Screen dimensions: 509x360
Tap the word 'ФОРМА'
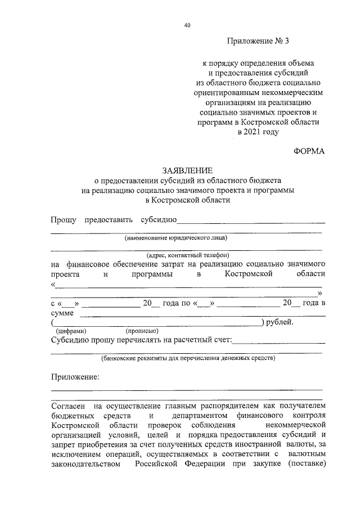tap(309, 151)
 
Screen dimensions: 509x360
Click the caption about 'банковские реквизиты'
tap(188, 358)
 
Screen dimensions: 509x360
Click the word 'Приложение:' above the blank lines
tap(75, 376)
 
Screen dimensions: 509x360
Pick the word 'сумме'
tap(62, 313)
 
